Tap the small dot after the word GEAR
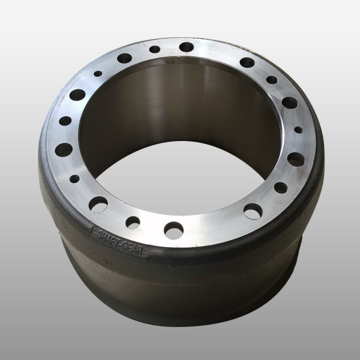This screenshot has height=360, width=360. (145, 253)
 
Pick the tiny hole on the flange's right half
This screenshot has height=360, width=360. (298, 130)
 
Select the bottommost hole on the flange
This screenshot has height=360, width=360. (174, 230)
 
